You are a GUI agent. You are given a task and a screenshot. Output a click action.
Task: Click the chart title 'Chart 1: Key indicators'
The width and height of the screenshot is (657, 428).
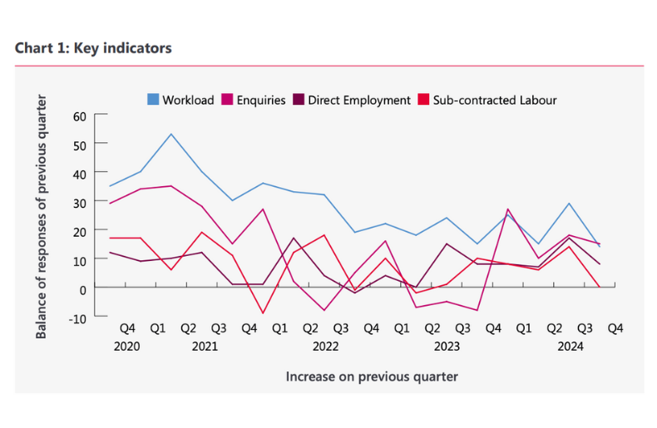point(93,48)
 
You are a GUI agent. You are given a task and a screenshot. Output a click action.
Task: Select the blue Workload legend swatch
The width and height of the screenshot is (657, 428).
point(153,100)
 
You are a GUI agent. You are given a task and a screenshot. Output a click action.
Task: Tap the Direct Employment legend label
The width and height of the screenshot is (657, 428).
point(358,100)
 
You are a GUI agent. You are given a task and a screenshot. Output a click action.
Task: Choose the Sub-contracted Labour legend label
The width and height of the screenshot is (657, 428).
point(495,100)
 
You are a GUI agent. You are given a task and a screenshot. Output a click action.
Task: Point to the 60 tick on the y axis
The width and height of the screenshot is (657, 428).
point(80,116)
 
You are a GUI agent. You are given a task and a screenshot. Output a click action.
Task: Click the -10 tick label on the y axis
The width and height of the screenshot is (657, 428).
point(77,317)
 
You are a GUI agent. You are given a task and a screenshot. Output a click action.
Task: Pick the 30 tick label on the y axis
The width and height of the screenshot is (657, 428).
point(80,202)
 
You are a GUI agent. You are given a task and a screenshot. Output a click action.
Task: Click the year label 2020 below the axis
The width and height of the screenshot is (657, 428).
point(126,346)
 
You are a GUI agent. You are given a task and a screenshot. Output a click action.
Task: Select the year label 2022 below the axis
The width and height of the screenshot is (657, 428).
point(325,346)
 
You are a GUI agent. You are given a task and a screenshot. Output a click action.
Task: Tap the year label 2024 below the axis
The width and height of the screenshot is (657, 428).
point(570,346)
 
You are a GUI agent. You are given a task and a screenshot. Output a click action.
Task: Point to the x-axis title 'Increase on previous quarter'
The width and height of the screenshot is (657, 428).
point(372,376)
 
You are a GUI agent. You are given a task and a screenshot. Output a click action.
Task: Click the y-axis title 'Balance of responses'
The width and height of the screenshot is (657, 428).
point(42,216)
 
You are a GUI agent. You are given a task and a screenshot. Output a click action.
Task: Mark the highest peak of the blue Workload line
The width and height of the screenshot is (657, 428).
point(170,134)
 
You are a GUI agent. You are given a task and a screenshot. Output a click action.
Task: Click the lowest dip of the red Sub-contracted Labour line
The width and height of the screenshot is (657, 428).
point(263,313)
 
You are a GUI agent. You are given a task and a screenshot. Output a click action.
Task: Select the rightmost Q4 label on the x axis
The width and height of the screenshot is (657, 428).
point(615,328)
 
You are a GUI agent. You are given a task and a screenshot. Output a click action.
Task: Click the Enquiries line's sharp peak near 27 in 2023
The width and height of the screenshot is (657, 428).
point(507,209)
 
